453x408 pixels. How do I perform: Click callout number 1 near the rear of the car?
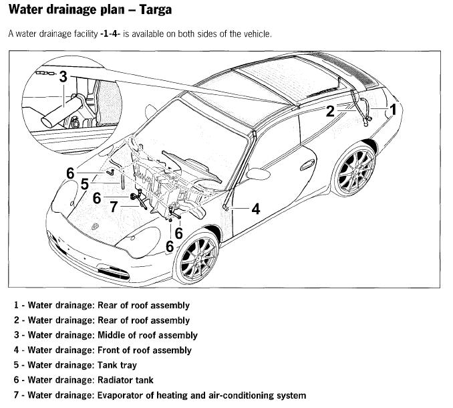click(x=394, y=108)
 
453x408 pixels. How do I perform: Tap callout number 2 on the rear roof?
click(x=329, y=111)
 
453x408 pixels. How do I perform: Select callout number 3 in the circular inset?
click(x=63, y=76)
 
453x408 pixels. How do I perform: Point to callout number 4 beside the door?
click(x=256, y=209)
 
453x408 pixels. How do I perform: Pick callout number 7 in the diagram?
click(x=114, y=207)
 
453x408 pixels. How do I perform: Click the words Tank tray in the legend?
click(x=118, y=365)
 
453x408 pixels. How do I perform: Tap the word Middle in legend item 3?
click(x=112, y=335)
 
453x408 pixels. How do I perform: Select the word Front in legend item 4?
click(x=110, y=350)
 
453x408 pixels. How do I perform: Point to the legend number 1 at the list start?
click(x=15, y=305)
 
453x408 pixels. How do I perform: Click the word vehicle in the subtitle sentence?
click(x=255, y=33)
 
